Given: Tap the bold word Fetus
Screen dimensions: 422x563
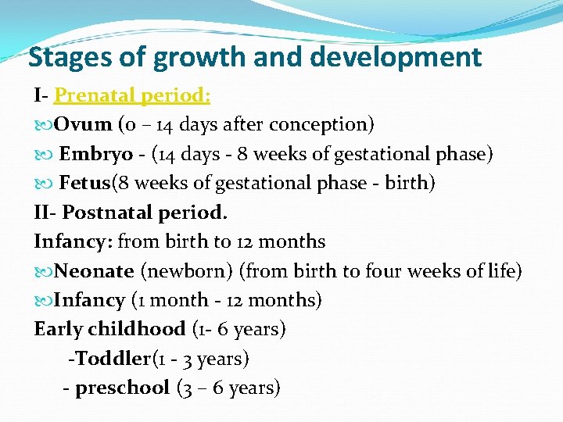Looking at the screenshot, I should pos(85,183).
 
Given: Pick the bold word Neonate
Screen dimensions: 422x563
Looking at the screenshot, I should pos(94,271).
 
